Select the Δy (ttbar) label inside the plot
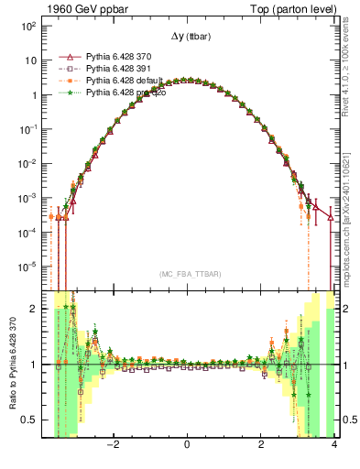click(x=187, y=37)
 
